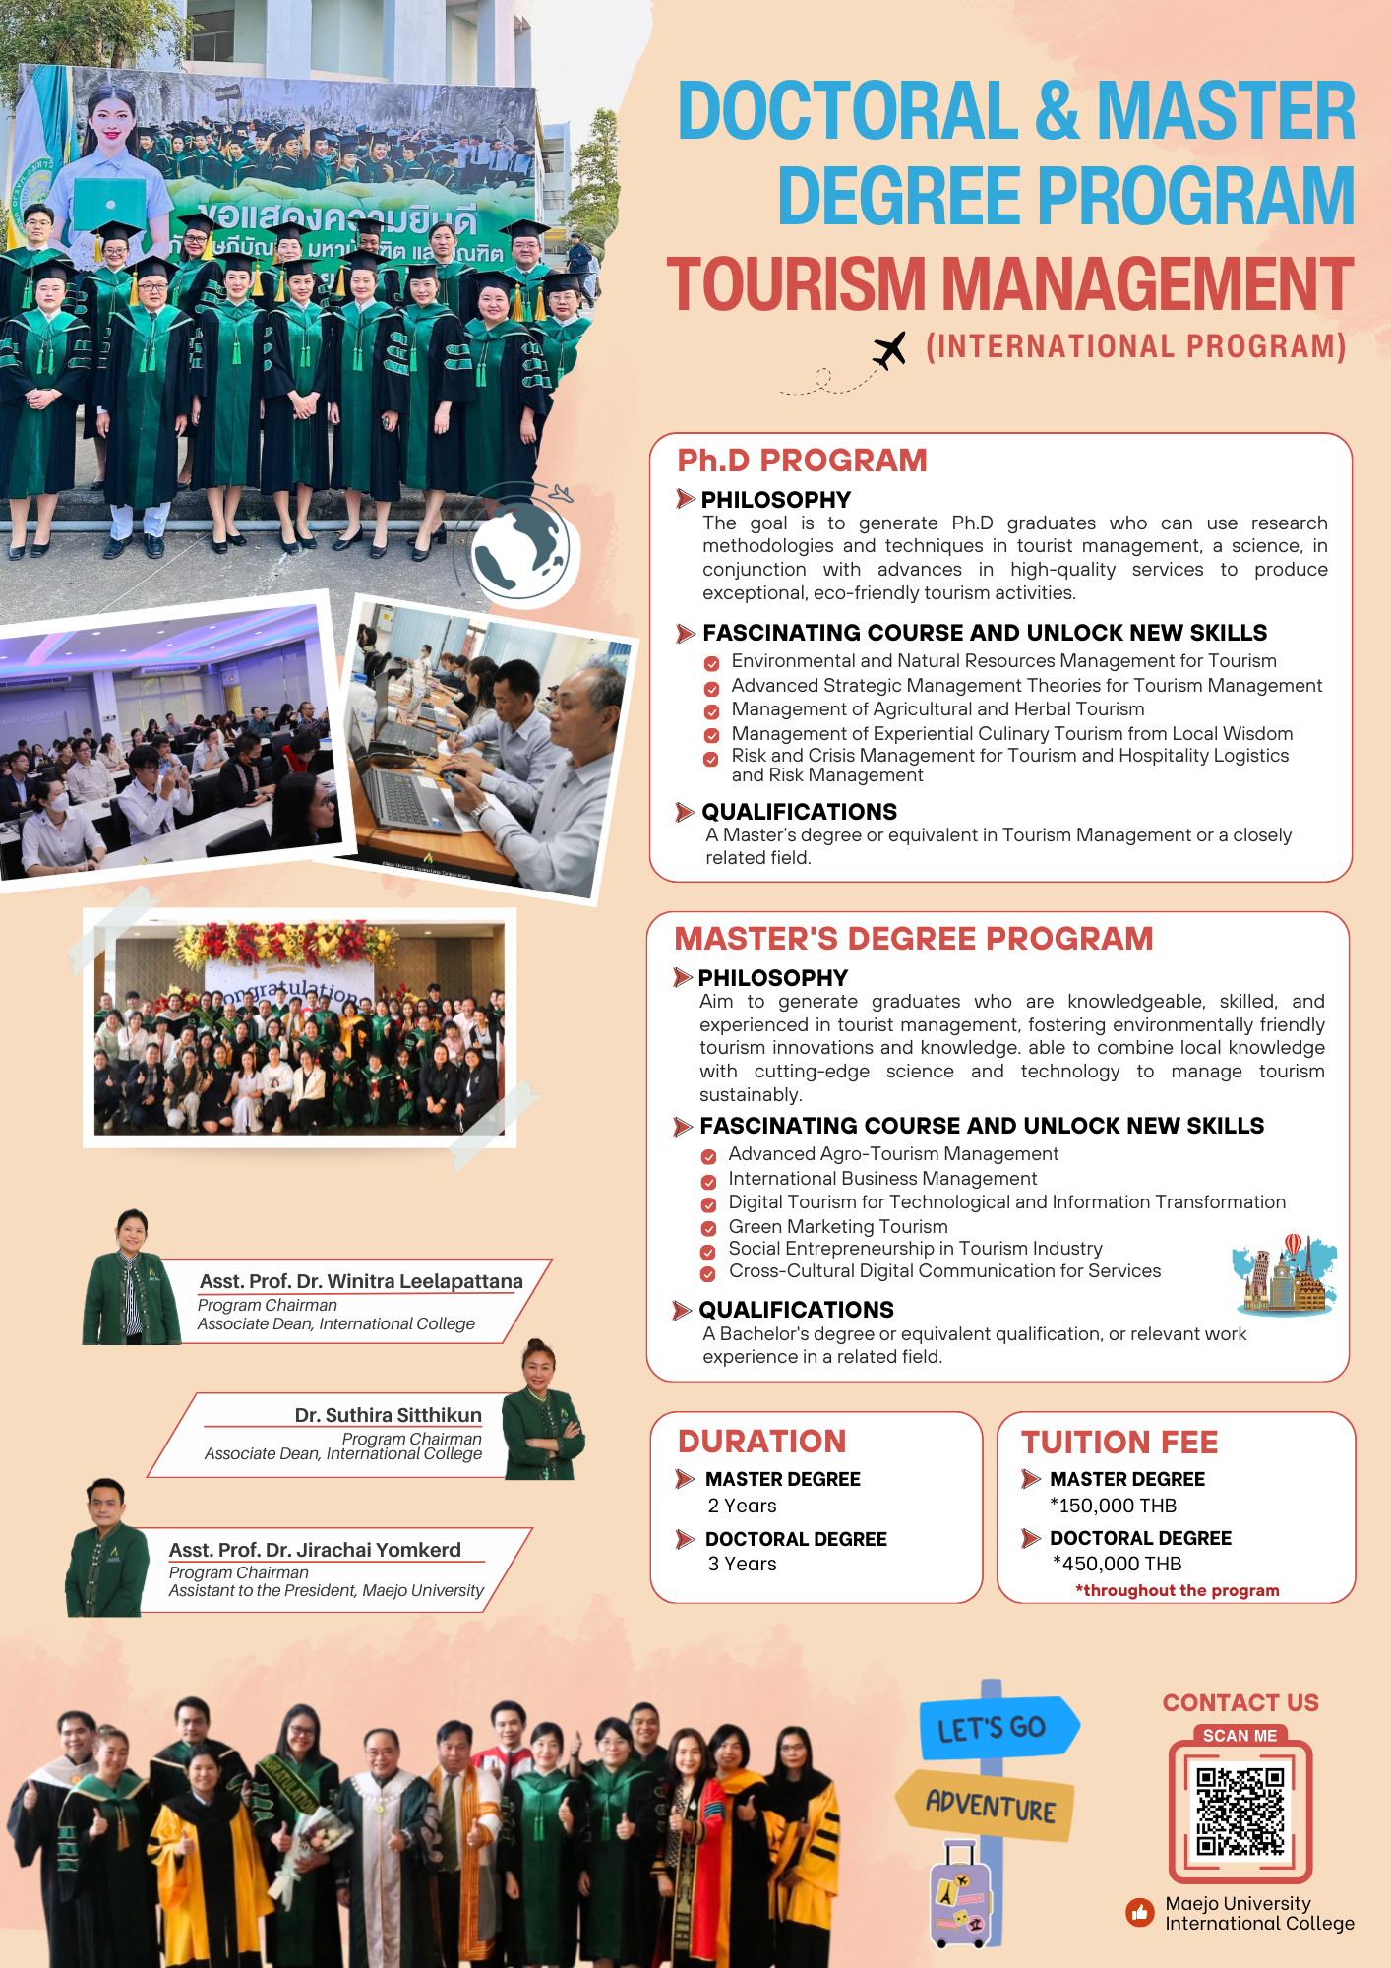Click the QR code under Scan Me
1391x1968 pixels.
point(1240,1812)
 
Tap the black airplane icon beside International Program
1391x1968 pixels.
point(889,350)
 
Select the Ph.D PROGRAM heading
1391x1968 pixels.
point(802,461)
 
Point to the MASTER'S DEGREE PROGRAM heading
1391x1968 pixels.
point(913,939)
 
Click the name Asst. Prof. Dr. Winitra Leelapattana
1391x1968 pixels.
point(361,1281)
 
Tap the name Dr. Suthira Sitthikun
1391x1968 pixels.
point(388,1415)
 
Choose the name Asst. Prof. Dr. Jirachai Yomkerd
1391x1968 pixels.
point(315,1550)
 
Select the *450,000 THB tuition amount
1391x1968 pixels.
point(1117,1564)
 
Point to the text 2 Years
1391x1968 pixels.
point(742,1506)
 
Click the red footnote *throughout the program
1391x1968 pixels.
point(1177,1590)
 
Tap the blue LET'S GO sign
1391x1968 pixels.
point(995,1728)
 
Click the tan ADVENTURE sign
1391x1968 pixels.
point(988,1806)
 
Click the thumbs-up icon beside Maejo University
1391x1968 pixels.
point(1139,1913)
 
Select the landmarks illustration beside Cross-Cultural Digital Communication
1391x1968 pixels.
point(1283,1275)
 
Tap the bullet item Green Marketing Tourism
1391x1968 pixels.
point(838,1227)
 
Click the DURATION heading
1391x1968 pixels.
point(761,1442)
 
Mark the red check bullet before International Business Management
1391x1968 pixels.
point(708,1181)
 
